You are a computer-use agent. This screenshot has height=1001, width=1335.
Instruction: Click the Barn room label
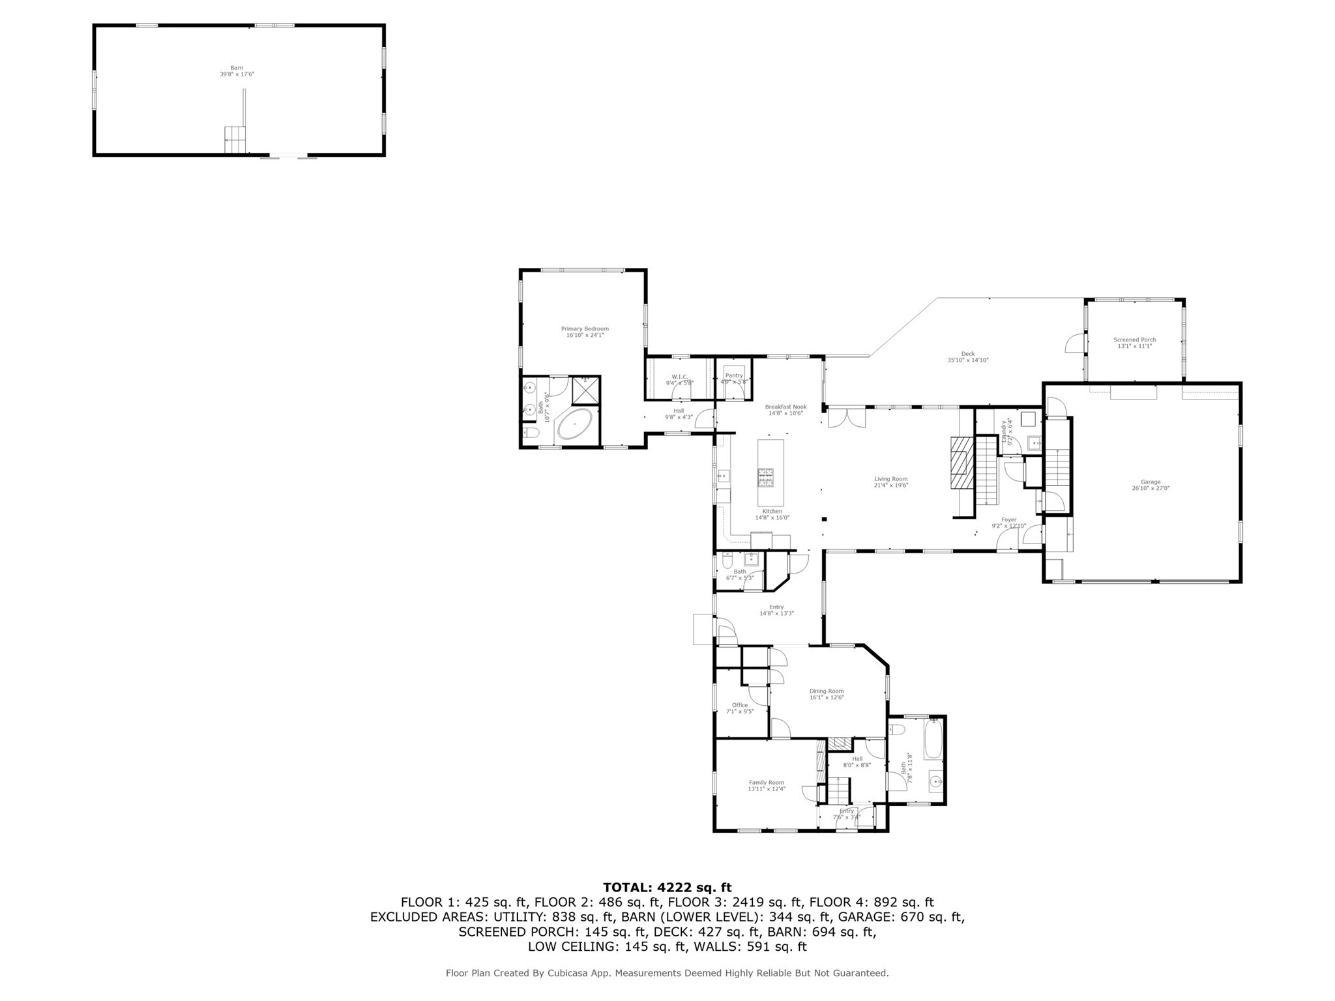(x=237, y=68)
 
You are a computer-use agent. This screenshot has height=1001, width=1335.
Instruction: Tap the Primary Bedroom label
(x=585, y=329)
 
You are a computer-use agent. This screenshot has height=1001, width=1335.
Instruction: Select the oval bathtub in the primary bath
(x=574, y=424)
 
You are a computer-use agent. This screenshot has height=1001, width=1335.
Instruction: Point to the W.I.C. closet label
(x=679, y=377)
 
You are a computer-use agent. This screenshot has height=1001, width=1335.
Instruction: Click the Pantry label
(x=734, y=375)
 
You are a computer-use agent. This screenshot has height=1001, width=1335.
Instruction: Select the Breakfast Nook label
(x=785, y=407)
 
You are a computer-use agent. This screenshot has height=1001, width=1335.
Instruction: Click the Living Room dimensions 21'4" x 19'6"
(x=891, y=485)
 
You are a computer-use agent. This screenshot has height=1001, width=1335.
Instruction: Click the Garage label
(x=1151, y=482)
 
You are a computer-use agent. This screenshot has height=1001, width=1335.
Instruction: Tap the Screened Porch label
(x=1134, y=340)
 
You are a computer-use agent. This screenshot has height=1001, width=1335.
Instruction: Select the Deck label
(x=967, y=354)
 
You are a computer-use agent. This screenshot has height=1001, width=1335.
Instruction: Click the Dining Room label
(x=827, y=691)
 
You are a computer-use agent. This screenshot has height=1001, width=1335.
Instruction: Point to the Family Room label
(x=766, y=782)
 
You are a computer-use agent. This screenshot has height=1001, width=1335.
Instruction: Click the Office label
(x=740, y=705)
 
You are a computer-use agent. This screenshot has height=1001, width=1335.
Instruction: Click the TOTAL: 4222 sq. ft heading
(x=667, y=887)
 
